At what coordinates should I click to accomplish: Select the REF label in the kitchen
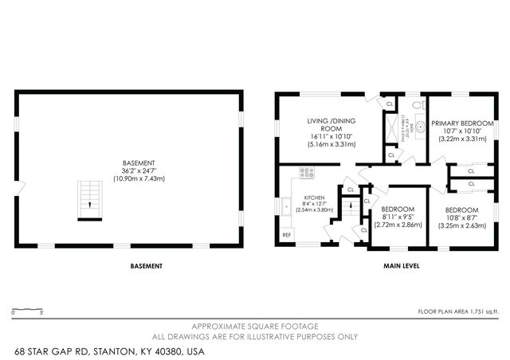(287, 235)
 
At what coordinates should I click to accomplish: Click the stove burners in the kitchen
(308, 172)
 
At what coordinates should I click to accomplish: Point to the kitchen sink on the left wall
(284, 205)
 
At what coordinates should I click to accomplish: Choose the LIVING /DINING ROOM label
(331, 125)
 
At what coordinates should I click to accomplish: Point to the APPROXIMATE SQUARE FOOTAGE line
(255, 327)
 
